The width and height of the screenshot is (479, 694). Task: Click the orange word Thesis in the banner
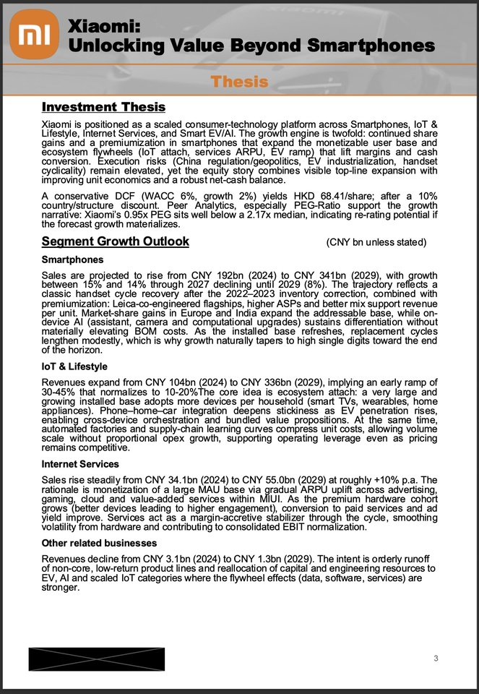(239, 81)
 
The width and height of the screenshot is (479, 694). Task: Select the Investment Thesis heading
(103, 107)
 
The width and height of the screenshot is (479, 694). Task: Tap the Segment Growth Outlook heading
(116, 241)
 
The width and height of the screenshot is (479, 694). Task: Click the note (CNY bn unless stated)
(376, 241)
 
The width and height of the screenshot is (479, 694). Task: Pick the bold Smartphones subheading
(72, 260)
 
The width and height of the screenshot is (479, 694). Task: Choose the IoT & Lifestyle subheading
(74, 367)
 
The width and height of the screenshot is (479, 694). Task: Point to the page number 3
(436, 657)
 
